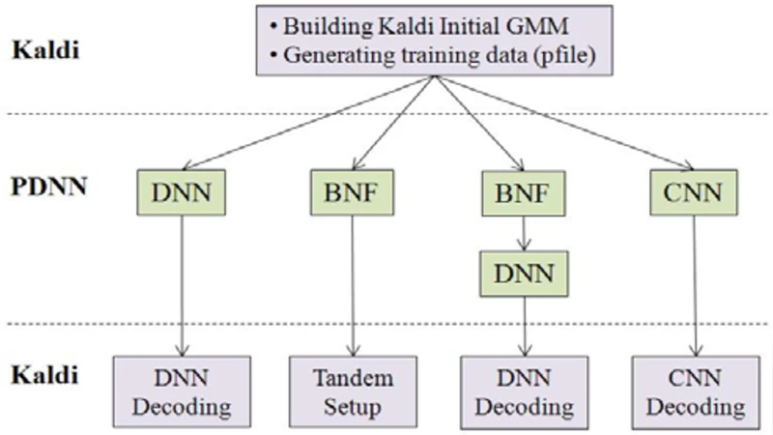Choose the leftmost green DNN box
pyautogui.click(x=182, y=192)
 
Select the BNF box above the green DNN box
pyautogui.click(x=524, y=192)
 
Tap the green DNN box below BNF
pyautogui.click(x=524, y=274)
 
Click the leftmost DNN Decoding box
pyautogui.click(x=182, y=391)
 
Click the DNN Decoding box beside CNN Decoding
pyautogui.click(x=524, y=391)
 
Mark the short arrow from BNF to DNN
pyautogui.click(x=524, y=233)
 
